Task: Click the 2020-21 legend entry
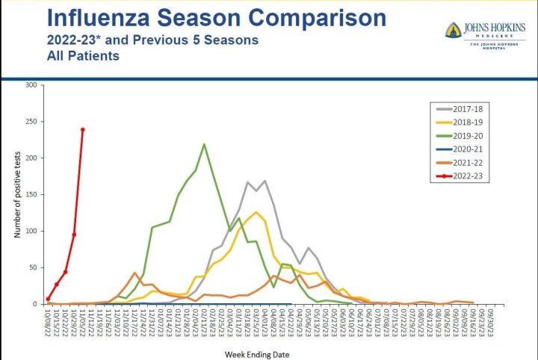point(470,149)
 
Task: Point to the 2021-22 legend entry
point(470,163)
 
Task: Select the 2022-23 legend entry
point(470,177)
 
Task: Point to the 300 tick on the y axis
point(31,85)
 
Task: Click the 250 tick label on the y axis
point(31,122)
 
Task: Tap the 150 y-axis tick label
point(31,195)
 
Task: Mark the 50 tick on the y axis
point(33,267)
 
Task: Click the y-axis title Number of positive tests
point(16,194)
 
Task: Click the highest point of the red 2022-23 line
point(83,129)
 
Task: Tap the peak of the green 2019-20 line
point(204,144)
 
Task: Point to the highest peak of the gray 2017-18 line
point(265,181)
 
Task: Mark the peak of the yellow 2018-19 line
point(256,212)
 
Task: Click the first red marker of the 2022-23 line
point(48,299)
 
